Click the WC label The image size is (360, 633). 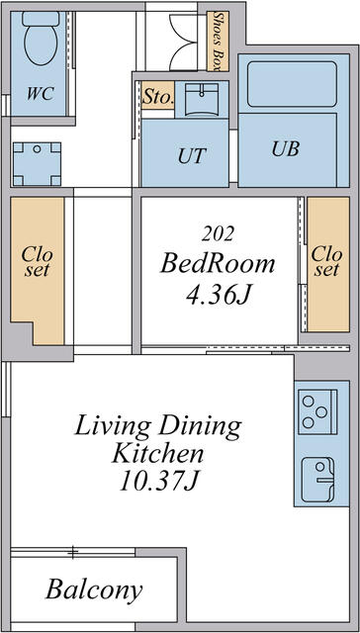click(x=41, y=94)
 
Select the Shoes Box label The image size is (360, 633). click(x=218, y=42)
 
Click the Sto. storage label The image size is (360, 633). click(x=158, y=97)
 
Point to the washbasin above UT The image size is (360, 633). click(x=202, y=100)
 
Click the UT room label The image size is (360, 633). click(x=192, y=155)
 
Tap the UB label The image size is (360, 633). click(x=286, y=149)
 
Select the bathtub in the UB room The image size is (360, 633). click(x=292, y=84)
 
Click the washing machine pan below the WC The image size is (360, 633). click(x=37, y=164)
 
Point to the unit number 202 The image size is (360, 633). click(x=218, y=234)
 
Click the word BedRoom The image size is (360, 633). click(x=218, y=264)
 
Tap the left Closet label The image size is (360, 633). click(x=38, y=261)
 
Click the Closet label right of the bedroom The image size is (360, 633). click(x=326, y=261)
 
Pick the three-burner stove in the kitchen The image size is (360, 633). click(x=317, y=411)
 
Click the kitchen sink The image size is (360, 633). click(x=317, y=480)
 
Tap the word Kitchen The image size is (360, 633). click(x=158, y=455)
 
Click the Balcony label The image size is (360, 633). click(x=94, y=590)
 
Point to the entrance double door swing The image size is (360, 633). click(x=184, y=43)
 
